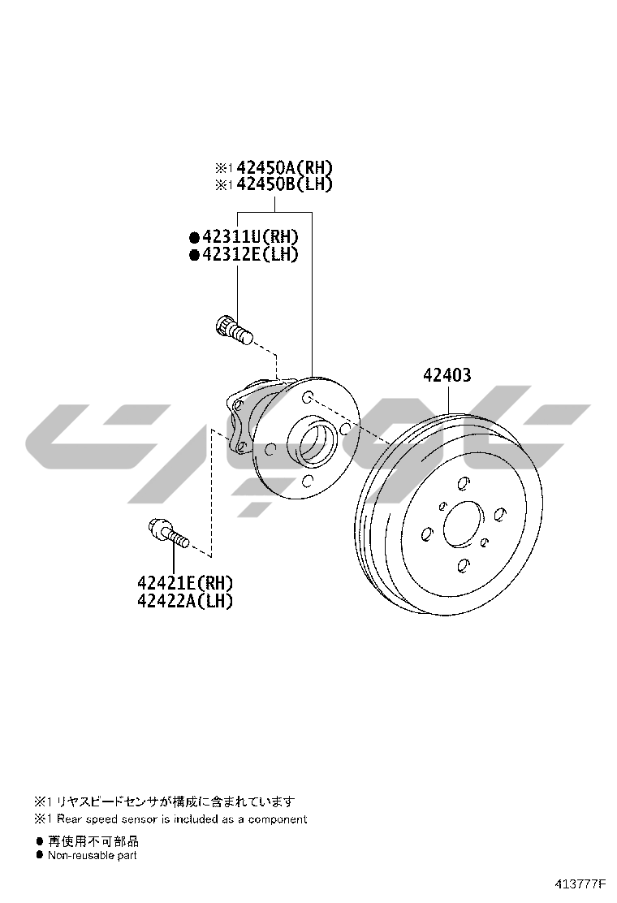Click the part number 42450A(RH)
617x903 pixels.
click(284, 167)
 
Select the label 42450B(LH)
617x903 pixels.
click(284, 184)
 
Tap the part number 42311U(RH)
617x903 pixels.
click(250, 236)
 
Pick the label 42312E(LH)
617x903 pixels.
click(250, 254)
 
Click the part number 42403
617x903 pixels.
click(447, 375)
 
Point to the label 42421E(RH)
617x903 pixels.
click(185, 583)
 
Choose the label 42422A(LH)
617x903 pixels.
click(185, 601)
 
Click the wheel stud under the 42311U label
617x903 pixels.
click(233, 330)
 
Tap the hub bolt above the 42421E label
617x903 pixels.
click(168, 533)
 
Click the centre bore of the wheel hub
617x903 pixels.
click(312, 441)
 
